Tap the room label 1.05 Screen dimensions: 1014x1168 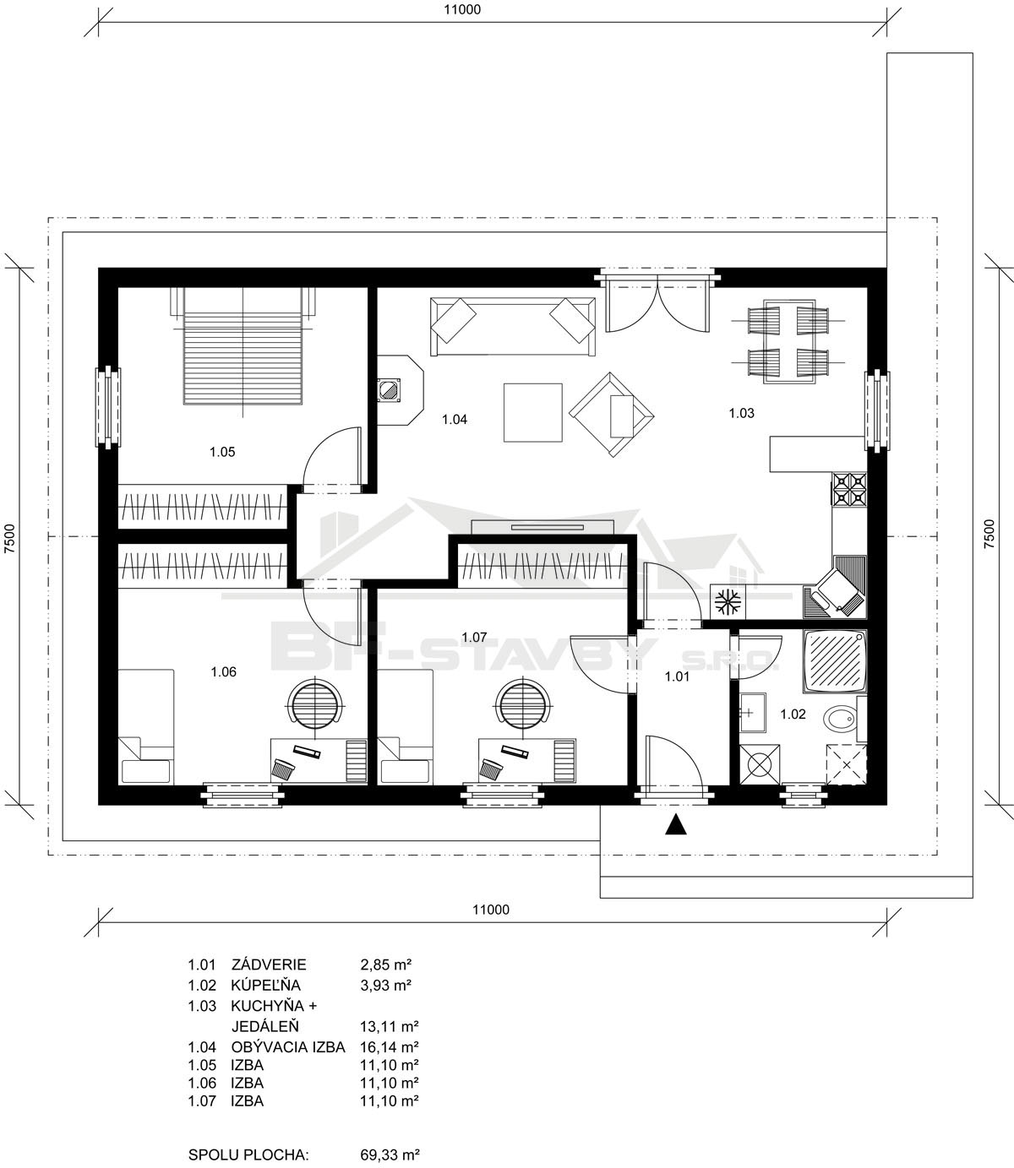[x=222, y=452]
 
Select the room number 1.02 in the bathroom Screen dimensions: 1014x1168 [x=793, y=714]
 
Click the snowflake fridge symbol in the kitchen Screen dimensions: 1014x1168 [x=728, y=601]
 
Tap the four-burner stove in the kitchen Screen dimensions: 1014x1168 [x=849, y=490]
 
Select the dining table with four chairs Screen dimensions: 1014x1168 [x=788, y=341]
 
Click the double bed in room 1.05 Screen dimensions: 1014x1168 [x=243, y=346]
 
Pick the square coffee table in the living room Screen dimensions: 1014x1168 [x=532, y=412]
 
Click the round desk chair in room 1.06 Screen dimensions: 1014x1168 [x=316, y=702]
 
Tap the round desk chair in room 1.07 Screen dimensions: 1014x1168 [x=523, y=702]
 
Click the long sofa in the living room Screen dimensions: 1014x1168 [x=513, y=327]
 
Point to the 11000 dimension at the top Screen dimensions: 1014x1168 [x=462, y=9]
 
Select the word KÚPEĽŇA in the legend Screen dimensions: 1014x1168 [x=266, y=986]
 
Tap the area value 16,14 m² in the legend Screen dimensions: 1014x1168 [x=390, y=1047]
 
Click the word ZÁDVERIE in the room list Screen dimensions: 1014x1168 [x=269, y=964]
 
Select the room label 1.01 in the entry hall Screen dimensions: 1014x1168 [x=677, y=677]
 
